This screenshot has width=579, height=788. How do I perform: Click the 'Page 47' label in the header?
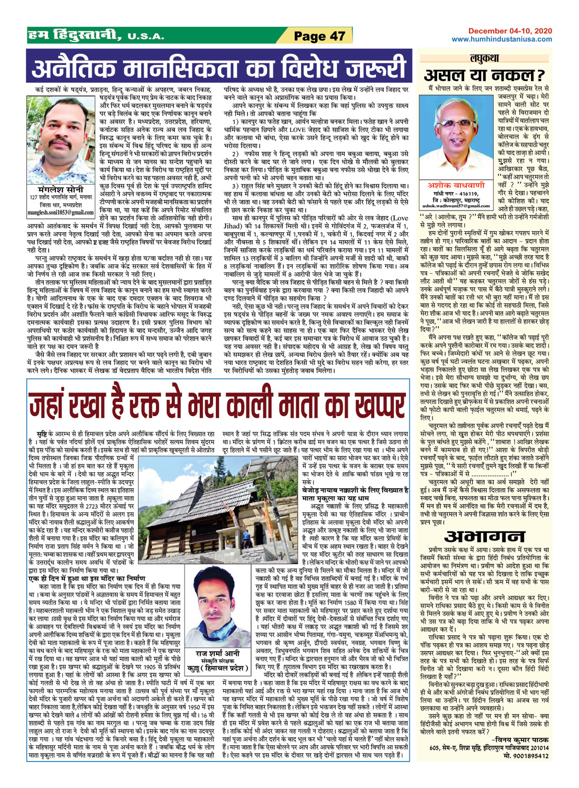(319, 36)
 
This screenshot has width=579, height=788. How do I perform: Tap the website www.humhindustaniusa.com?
(501, 39)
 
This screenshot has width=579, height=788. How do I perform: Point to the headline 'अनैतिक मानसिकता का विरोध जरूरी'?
(219, 68)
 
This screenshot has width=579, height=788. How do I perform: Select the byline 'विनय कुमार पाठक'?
(520, 738)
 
